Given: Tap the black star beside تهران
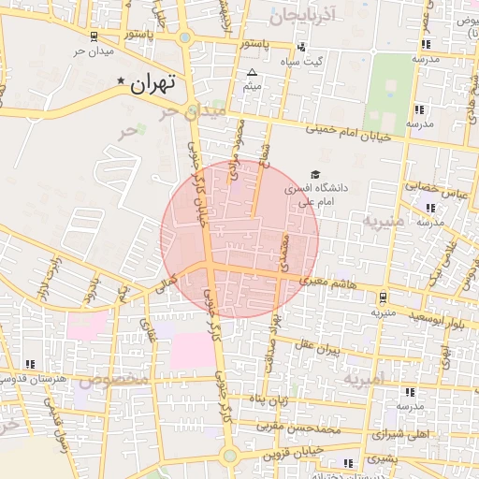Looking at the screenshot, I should pos(122,83).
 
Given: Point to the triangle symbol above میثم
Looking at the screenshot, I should pos(251,73).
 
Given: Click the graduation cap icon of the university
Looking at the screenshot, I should pos(314,174).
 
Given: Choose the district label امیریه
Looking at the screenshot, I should pos(363,380).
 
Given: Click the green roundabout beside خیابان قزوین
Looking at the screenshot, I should pos(229,456).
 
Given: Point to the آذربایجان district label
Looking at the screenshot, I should pos(300,16).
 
